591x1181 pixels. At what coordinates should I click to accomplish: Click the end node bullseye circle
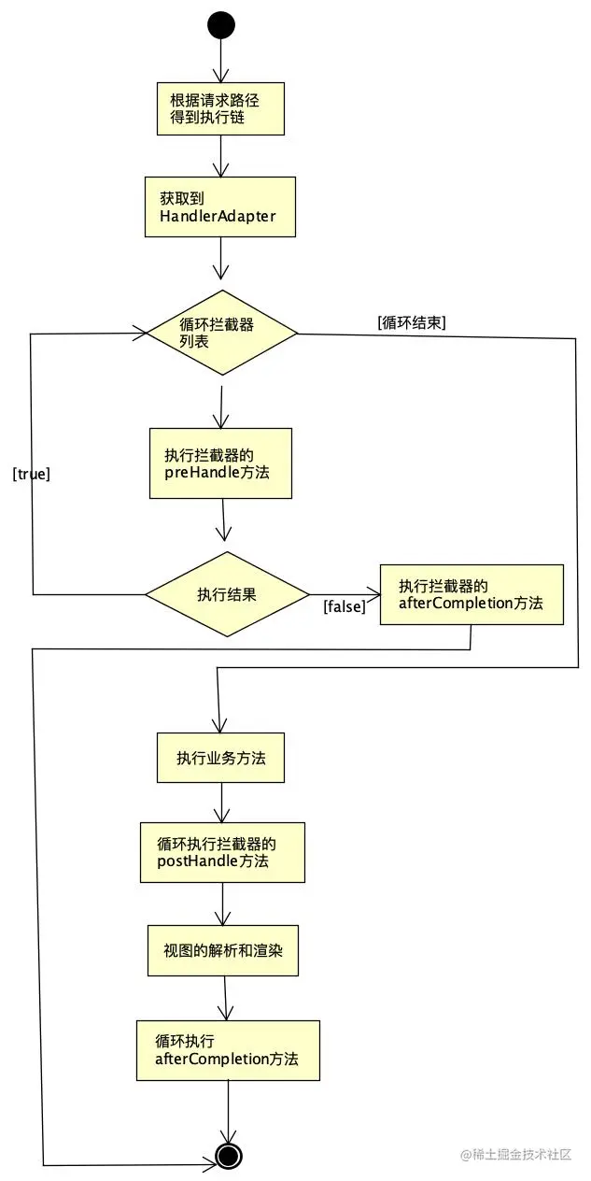coord(229,1156)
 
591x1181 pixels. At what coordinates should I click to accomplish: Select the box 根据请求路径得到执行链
coord(219,108)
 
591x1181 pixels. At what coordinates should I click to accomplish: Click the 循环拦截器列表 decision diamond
coord(221,332)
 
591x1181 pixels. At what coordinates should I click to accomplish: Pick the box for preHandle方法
coord(220,463)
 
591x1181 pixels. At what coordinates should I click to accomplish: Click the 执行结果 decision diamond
coord(227,594)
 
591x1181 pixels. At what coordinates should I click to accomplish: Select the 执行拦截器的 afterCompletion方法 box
coord(471,594)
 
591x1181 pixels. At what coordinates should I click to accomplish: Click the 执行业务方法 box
coord(219,758)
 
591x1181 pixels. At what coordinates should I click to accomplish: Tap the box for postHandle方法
coord(222,852)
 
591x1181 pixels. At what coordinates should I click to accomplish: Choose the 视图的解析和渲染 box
coord(222,950)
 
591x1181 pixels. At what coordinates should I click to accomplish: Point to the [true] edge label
coord(31,474)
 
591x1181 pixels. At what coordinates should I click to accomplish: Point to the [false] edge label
coord(344,607)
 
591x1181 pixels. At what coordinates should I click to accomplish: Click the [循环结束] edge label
coord(412,323)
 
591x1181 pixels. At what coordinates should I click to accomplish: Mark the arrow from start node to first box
coord(221,61)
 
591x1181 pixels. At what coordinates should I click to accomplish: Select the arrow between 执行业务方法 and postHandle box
coord(221,802)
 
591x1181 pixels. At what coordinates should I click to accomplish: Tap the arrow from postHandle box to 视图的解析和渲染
coord(222,904)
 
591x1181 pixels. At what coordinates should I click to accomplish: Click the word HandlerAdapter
coord(210,218)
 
